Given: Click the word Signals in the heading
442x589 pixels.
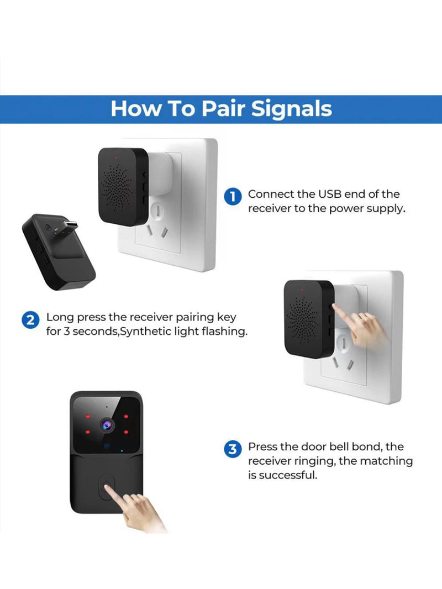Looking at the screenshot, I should tap(291, 108).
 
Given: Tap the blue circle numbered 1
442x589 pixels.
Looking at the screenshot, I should tap(233, 196).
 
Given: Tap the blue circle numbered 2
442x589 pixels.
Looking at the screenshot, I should tap(30, 320).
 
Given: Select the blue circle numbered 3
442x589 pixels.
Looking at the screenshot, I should tap(233, 449).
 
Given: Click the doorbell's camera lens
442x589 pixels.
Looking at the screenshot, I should tap(107, 424).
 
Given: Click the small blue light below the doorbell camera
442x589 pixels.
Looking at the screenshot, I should tap(108, 446).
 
